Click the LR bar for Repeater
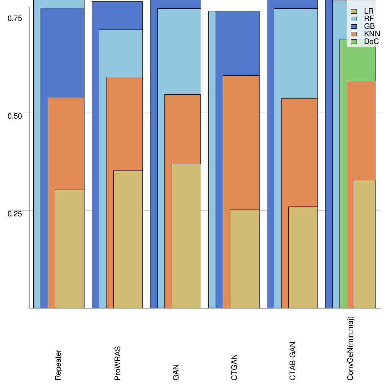tap(70, 249)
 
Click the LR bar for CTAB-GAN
tap(303, 257)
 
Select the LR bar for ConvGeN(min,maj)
tap(365, 244)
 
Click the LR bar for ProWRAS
tap(128, 239)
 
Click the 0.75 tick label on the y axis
tap(15, 18)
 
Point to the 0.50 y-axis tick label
tap(15, 116)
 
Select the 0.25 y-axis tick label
tap(15, 213)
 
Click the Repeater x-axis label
tap(58, 365)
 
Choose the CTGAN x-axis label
tap(234, 367)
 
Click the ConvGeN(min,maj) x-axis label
tap(351, 348)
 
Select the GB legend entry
tap(365, 27)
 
